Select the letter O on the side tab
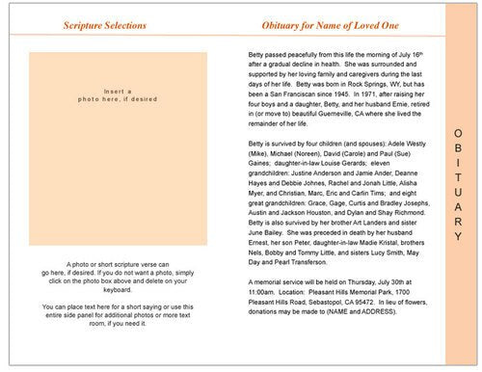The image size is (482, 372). tap(460, 131)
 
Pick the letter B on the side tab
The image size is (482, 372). tap(460, 146)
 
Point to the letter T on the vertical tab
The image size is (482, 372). tap(460, 174)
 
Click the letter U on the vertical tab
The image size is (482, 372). tap(460, 190)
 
